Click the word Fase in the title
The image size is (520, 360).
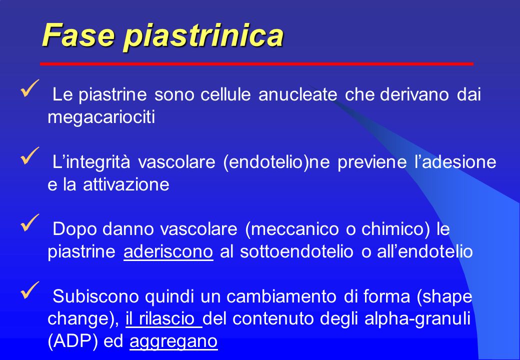[78, 34]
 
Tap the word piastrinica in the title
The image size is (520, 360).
[203, 36]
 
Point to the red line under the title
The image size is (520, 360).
[256, 63]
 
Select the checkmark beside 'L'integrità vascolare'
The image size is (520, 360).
[30, 156]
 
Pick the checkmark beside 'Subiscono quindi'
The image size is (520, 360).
[30, 290]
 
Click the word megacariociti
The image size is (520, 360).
[101, 117]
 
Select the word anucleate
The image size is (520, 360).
[298, 94]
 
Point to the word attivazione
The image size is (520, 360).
[126, 184]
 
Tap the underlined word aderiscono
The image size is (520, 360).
[168, 252]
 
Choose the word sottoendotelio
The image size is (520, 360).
[296, 252]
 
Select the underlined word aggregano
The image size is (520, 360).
[173, 342]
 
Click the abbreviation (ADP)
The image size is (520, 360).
[72, 341]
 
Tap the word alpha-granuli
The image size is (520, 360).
[417, 319]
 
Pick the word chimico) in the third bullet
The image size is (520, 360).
[395, 229]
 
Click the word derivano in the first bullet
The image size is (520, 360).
[414, 94]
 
